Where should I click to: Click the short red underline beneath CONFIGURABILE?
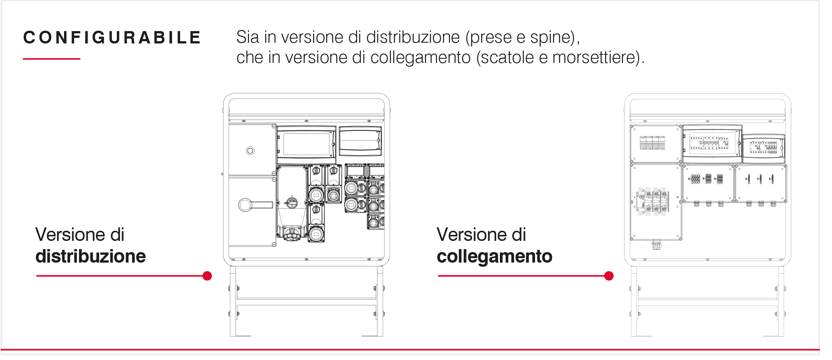(52, 59)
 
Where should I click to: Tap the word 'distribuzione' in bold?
(91, 257)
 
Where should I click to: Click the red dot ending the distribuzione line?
(207, 276)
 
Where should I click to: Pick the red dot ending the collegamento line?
(609, 276)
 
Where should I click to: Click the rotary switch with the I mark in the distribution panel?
(292, 202)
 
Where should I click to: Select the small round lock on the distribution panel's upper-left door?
(250, 151)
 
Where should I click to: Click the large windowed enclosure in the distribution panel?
(306, 145)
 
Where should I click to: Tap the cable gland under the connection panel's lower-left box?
(656, 245)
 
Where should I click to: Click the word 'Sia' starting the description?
(248, 37)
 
